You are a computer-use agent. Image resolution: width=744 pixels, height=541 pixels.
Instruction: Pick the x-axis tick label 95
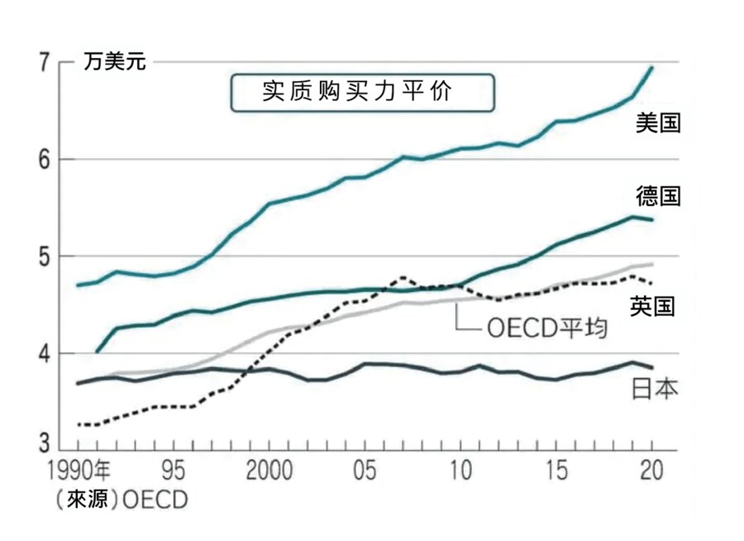click(x=172, y=472)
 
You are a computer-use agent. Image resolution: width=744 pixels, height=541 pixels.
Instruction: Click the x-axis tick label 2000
click(x=269, y=472)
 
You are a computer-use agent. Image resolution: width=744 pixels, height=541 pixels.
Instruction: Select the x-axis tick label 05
click(x=365, y=472)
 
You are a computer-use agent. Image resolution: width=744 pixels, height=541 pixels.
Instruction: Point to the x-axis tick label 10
click(x=460, y=472)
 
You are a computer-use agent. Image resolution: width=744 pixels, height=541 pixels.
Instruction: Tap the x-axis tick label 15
click(x=556, y=472)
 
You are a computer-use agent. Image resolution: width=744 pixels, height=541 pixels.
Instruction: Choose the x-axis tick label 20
click(x=651, y=472)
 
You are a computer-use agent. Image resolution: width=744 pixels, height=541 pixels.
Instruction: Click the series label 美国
click(x=658, y=123)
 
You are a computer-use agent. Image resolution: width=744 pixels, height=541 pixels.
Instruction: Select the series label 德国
click(x=658, y=196)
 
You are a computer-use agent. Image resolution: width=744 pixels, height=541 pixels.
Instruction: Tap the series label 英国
click(x=653, y=307)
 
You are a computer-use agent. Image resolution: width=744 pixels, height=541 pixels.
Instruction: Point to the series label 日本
click(x=654, y=387)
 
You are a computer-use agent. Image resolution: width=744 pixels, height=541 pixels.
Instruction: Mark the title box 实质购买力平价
click(x=362, y=92)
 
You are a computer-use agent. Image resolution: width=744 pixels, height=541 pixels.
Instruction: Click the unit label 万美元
click(x=114, y=62)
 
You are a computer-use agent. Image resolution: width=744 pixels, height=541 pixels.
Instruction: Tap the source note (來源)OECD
click(x=121, y=500)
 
